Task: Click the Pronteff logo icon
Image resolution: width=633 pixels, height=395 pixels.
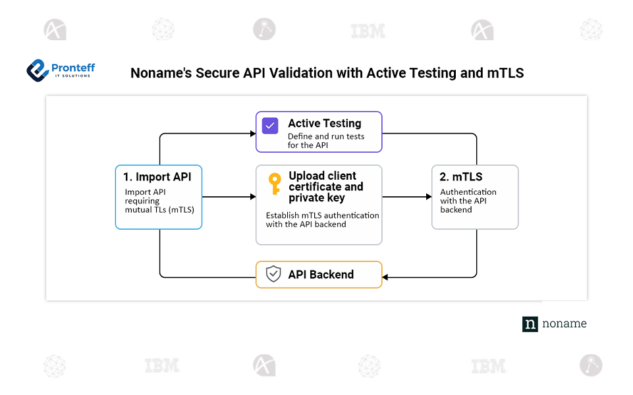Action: point(38,70)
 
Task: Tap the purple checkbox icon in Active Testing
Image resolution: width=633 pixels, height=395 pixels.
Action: point(270,125)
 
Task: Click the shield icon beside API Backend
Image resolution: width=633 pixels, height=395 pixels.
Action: point(273,275)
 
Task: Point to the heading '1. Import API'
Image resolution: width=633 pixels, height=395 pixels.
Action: point(157,176)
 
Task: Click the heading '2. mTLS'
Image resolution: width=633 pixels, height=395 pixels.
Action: point(461,176)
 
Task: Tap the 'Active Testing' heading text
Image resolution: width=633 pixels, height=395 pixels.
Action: point(325,123)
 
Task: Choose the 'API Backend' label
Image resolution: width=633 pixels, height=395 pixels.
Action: point(321,275)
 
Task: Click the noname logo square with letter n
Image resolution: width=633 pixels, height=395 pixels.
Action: point(530,324)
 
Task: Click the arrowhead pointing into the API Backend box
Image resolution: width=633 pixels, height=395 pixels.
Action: point(385,277)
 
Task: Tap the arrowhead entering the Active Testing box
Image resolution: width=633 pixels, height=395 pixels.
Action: point(252,133)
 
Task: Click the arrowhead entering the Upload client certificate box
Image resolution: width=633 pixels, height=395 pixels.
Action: point(252,197)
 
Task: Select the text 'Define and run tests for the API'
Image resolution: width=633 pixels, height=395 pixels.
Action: point(325,141)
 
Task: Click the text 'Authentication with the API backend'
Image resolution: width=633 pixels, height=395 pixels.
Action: point(468,201)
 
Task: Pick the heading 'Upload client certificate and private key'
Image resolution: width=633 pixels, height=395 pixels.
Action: point(325,187)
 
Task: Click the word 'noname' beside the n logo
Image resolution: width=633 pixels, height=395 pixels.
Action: point(564,324)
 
